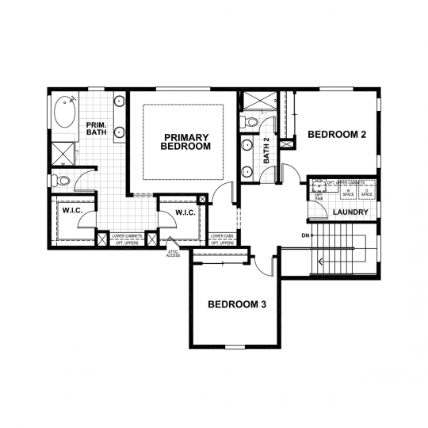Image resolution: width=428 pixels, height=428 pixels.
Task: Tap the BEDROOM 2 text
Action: (x=337, y=136)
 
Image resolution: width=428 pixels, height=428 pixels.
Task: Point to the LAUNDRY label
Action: (x=349, y=212)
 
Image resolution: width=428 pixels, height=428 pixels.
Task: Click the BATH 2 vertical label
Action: (x=266, y=151)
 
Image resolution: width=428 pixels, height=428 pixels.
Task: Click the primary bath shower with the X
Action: (x=63, y=153)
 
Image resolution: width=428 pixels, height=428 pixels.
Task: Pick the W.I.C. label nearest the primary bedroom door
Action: (x=184, y=212)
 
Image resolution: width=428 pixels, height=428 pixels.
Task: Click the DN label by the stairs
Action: (x=305, y=235)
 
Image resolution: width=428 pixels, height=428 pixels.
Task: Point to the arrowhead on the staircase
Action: (x=321, y=259)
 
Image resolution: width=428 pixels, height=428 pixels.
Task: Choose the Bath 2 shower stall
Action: (x=258, y=102)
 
